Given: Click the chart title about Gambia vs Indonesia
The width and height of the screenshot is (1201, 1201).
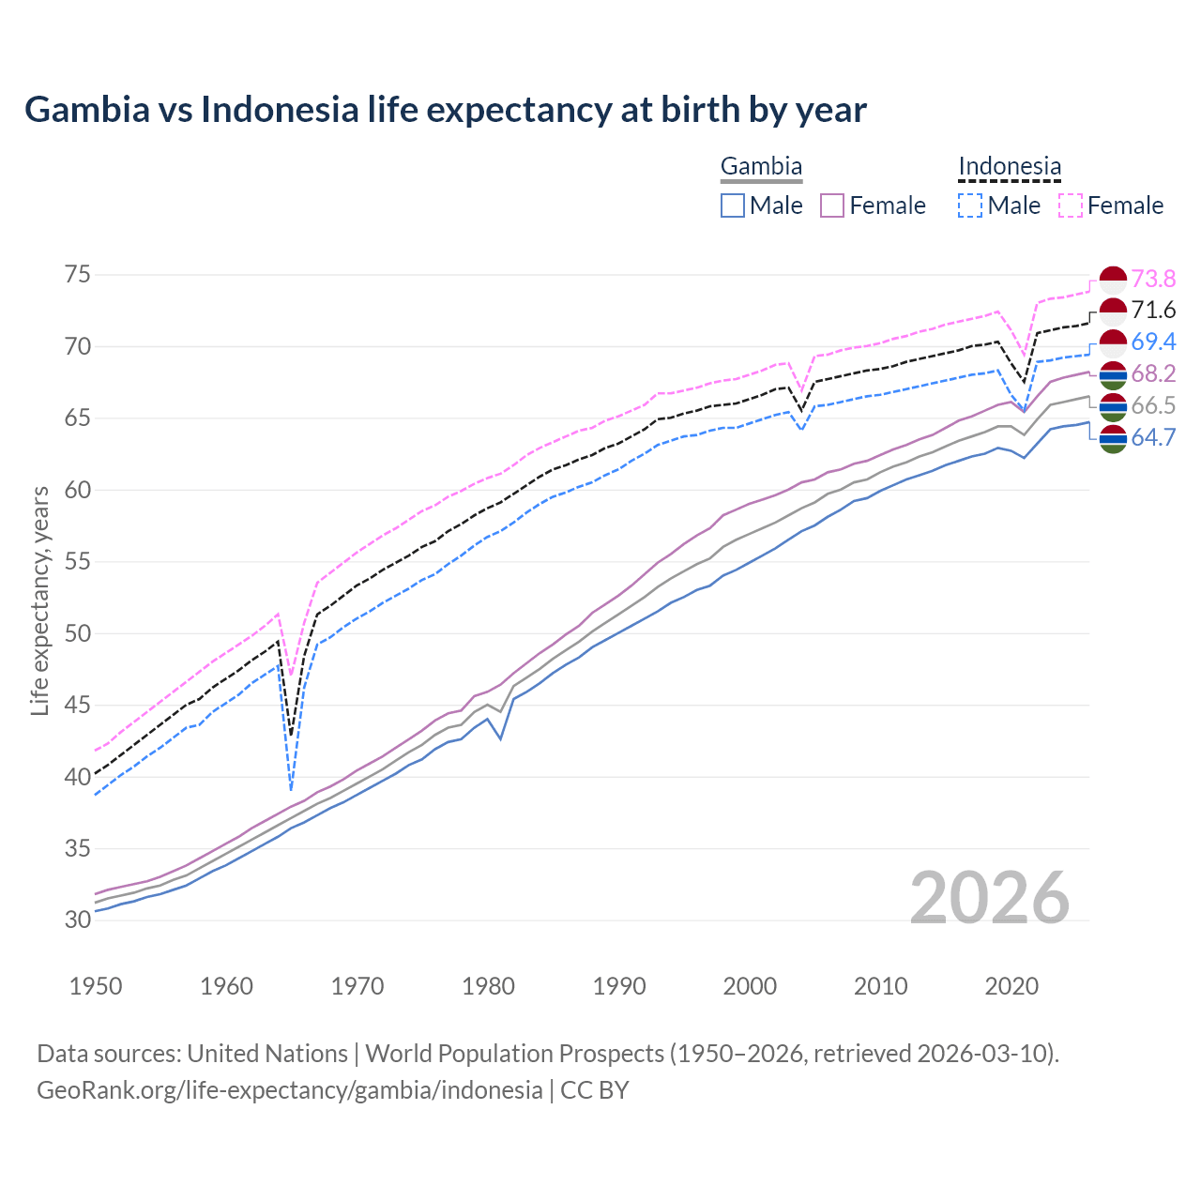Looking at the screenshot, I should click(446, 110).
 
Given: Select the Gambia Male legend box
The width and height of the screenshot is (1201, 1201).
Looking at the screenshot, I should click(733, 205).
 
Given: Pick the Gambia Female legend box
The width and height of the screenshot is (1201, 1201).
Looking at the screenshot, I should click(833, 205).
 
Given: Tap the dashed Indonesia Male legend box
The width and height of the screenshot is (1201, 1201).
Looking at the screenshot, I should click(970, 205).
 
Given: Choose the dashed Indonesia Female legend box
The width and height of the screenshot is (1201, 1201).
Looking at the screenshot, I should click(1071, 205).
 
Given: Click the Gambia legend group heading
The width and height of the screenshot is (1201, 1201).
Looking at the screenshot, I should click(761, 167).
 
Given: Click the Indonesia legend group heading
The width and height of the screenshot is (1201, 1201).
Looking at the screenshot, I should click(1010, 167).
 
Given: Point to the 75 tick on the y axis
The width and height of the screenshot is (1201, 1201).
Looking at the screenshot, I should click(78, 275).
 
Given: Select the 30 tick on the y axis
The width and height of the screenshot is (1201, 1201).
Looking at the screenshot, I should click(78, 920).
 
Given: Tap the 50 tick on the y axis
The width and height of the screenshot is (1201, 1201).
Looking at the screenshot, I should click(78, 633).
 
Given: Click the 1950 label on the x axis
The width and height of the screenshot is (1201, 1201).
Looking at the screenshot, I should click(96, 986).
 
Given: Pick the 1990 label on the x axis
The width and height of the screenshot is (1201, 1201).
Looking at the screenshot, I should click(619, 986).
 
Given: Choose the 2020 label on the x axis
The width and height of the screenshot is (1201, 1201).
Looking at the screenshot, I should click(1011, 986).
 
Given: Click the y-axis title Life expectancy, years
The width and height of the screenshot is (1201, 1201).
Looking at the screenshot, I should click(40, 600).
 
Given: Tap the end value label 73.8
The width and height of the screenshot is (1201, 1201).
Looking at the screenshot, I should click(1153, 279).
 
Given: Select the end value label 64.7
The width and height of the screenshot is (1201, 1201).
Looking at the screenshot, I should click(1153, 437).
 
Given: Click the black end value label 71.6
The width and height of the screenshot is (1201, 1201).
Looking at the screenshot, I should click(1153, 311).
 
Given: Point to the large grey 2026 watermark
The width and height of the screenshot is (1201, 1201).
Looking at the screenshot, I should click(990, 898).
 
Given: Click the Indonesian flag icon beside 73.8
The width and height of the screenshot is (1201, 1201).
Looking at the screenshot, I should click(1113, 280).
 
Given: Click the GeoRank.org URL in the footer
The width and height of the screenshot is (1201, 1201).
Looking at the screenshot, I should click(289, 1090).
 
